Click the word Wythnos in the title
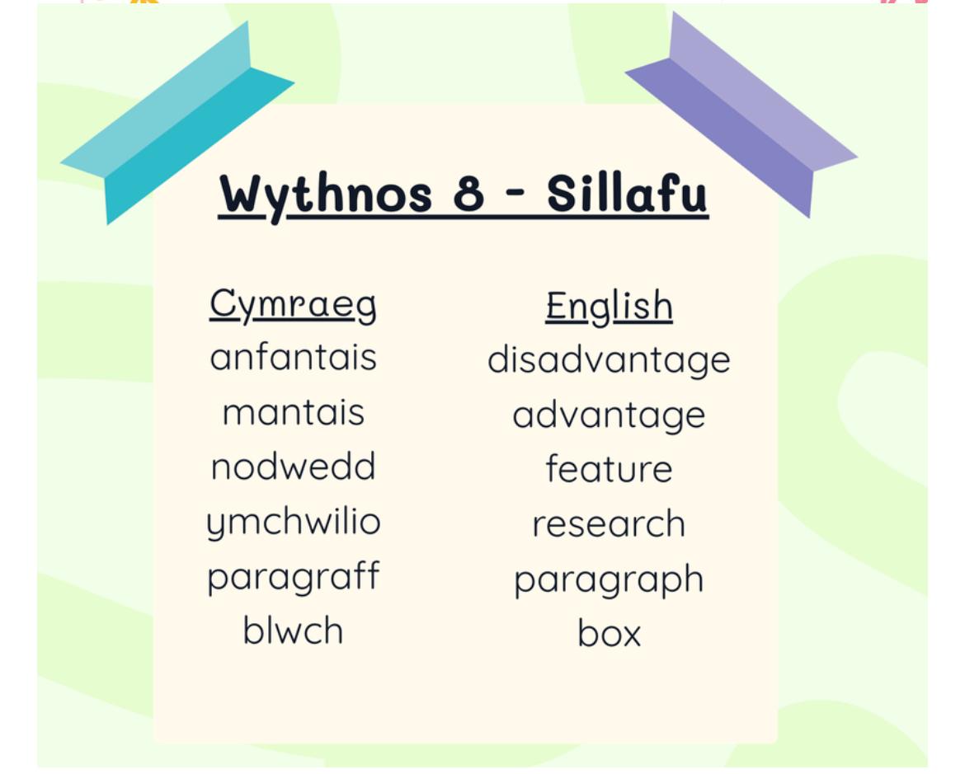pyautogui.click(x=326, y=195)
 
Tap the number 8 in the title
pyautogui.click(x=469, y=193)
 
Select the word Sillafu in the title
pyautogui.click(x=627, y=193)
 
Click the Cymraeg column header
pyautogui.click(x=293, y=304)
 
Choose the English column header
pyautogui.click(x=610, y=307)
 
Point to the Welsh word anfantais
pyautogui.click(x=293, y=358)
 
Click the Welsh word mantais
pyautogui.click(x=293, y=412)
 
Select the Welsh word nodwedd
pyautogui.click(x=293, y=467)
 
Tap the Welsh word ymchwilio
pyautogui.click(x=294, y=523)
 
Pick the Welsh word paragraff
pyautogui.click(x=294, y=578)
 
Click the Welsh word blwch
pyautogui.click(x=293, y=630)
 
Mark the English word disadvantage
pyautogui.click(x=610, y=360)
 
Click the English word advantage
pyautogui.click(x=610, y=415)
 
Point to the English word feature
pyautogui.click(x=610, y=469)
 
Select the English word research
pyautogui.click(x=610, y=523)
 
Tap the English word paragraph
pyautogui.click(x=610, y=580)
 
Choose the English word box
pyautogui.click(x=610, y=632)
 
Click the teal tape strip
pyautogui.click(x=178, y=123)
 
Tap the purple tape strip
pyautogui.click(x=741, y=115)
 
